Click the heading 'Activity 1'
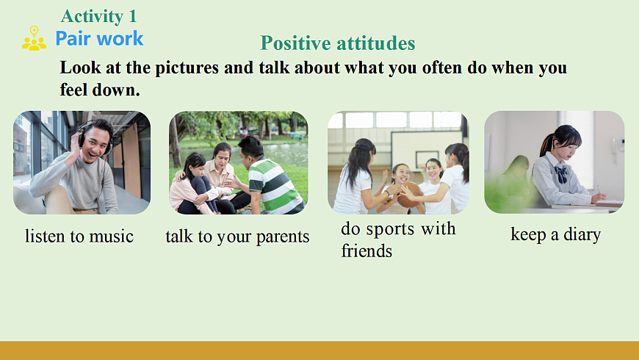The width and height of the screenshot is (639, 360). [98, 16]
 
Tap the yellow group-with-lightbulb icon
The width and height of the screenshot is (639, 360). [34, 38]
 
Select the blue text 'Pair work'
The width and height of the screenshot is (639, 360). [99, 39]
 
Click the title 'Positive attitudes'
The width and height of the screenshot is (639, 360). [337, 43]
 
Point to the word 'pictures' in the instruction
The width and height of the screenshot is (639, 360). [187, 68]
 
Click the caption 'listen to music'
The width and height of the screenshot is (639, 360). [79, 236]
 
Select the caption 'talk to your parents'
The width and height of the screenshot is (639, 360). [237, 237]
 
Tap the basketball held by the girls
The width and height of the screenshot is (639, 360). [409, 195]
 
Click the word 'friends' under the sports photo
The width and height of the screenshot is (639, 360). [367, 251]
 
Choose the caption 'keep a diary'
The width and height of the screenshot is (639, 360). [555, 234]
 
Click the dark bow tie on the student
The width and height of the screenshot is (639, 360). [560, 174]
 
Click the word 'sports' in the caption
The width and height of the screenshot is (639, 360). [391, 229]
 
